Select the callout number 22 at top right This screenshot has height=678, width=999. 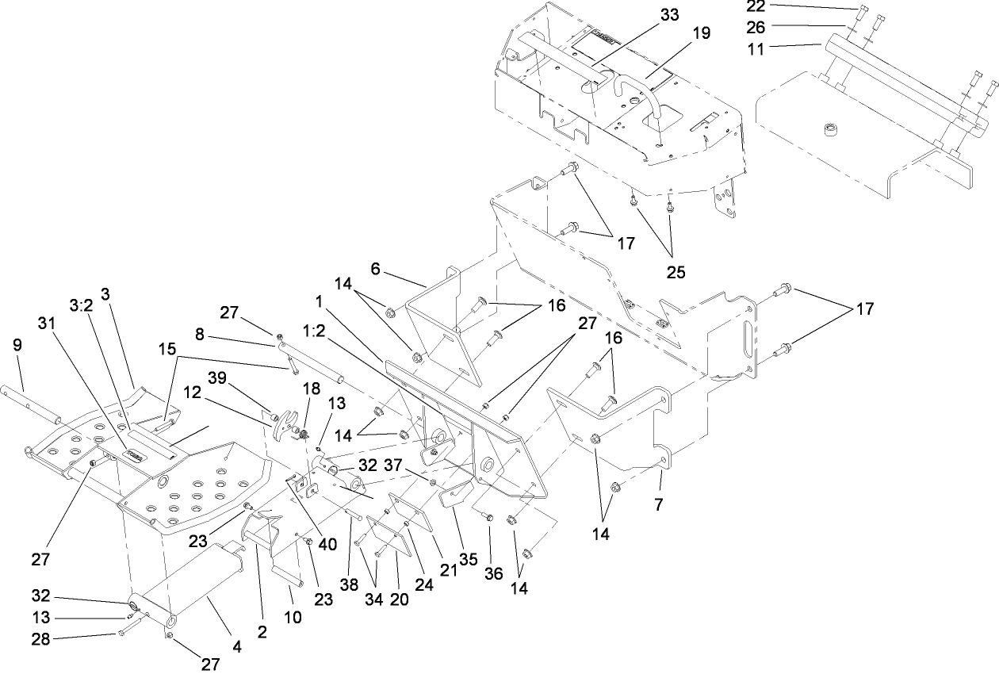pyautogui.click(x=757, y=6)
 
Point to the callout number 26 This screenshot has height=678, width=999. pyautogui.click(x=757, y=27)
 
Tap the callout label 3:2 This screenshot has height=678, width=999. pyautogui.click(x=82, y=305)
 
